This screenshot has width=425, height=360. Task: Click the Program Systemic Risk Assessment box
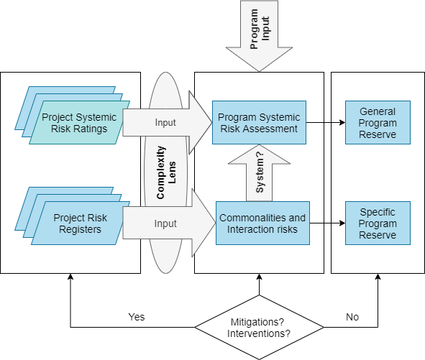tap(259, 122)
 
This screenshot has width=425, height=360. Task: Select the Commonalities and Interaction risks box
tap(262, 223)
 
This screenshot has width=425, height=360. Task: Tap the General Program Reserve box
tap(378, 122)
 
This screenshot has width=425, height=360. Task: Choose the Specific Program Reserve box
tap(378, 223)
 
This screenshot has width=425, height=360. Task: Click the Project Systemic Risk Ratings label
tap(79, 123)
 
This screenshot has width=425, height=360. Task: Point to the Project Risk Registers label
tap(81, 223)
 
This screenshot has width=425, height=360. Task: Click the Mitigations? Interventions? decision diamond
tap(259, 327)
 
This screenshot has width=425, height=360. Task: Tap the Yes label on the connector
tap(137, 317)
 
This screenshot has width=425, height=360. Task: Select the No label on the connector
tap(352, 317)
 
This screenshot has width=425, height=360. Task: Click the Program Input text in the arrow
tap(260, 29)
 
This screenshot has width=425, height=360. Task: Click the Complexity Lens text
tap(166, 172)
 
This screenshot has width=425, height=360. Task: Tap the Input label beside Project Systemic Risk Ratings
tap(165, 122)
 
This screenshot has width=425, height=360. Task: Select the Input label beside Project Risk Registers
tap(165, 223)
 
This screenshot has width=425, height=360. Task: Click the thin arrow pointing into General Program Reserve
tap(326, 122)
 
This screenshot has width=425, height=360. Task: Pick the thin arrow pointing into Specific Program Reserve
tap(327, 223)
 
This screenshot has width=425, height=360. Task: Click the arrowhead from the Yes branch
tap(70, 277)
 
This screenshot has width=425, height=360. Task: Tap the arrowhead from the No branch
tap(378, 277)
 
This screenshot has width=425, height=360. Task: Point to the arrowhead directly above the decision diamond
tap(259, 277)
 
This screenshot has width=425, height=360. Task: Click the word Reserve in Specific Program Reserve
tap(378, 235)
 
